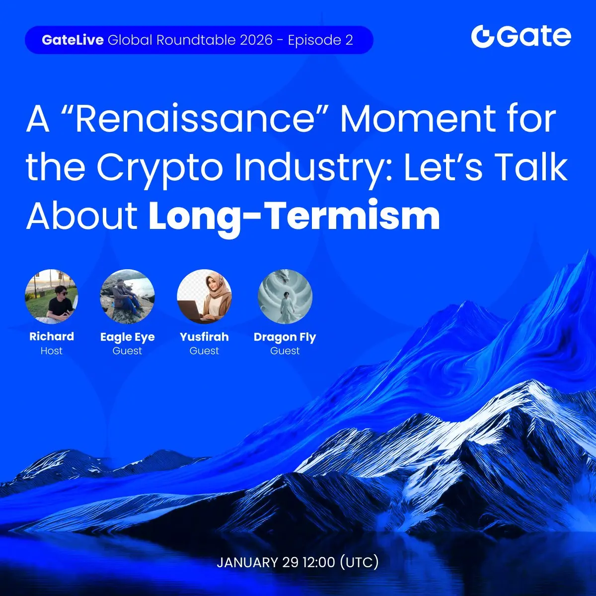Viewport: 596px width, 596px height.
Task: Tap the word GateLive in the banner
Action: coord(73,40)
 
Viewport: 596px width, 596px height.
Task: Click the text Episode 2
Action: coord(320,40)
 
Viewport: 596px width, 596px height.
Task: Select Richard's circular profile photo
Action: coord(51,297)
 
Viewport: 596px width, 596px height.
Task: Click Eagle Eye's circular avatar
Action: coord(127,297)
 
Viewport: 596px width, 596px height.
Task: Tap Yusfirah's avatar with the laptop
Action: coord(204,297)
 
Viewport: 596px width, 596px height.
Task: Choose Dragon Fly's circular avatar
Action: coord(285,297)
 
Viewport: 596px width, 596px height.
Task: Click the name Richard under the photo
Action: coord(52,336)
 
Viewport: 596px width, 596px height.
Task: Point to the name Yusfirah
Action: coord(204,337)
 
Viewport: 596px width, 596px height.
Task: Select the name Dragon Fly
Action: coord(285,337)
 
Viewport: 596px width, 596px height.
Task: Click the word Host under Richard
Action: coord(52,351)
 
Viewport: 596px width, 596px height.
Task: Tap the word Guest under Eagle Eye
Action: coord(127,351)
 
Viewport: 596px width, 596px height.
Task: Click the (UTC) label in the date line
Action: coord(359,562)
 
